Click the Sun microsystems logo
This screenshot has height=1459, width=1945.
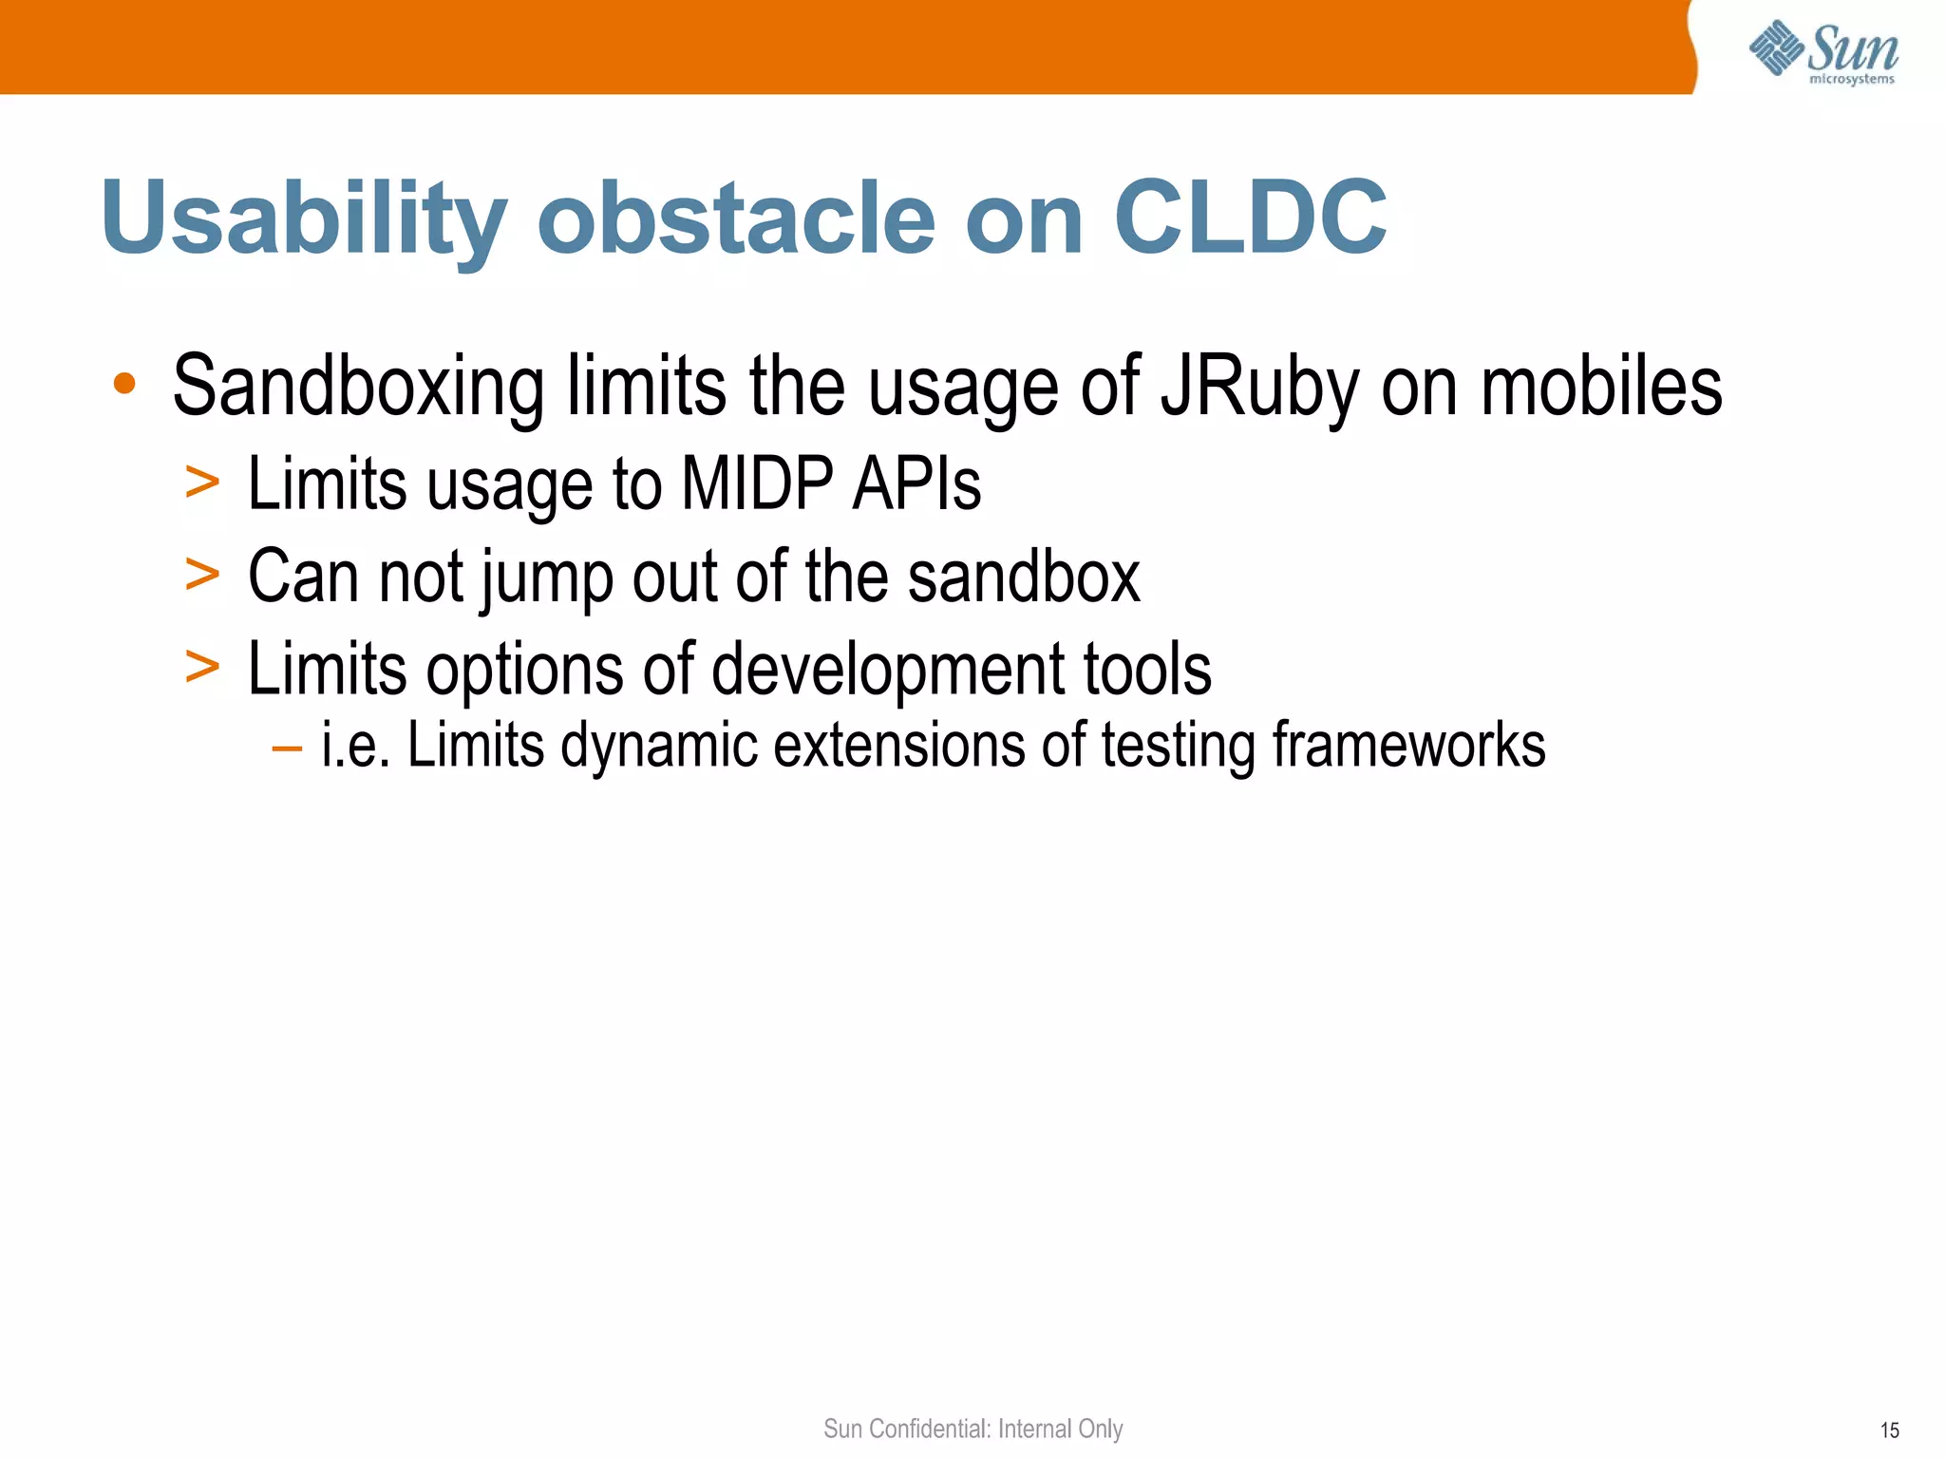point(1823,51)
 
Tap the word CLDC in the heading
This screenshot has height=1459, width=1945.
point(1249,218)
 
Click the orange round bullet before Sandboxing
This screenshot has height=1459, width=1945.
point(124,385)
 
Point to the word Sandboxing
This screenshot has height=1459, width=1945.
point(358,387)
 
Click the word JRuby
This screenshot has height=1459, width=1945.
point(1259,387)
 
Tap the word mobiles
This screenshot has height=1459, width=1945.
point(1601,387)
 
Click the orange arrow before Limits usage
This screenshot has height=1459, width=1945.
point(202,483)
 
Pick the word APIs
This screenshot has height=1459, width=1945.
point(916,483)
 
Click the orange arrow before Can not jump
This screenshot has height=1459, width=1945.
point(202,575)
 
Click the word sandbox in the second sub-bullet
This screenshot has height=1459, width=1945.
point(1023,576)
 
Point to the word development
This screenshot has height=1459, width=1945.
point(888,670)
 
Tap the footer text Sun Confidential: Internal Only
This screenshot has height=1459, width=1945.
point(972,1429)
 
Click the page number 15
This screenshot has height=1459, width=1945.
point(1889,1431)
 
